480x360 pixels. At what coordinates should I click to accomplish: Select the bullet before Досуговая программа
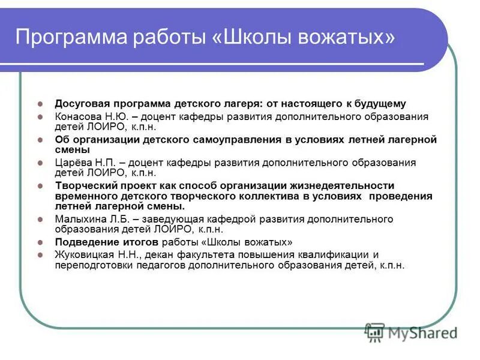41,104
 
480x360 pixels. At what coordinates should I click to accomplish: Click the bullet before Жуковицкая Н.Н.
41,254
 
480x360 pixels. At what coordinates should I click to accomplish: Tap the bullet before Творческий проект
41,186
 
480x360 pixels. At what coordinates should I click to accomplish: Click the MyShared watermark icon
375,331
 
